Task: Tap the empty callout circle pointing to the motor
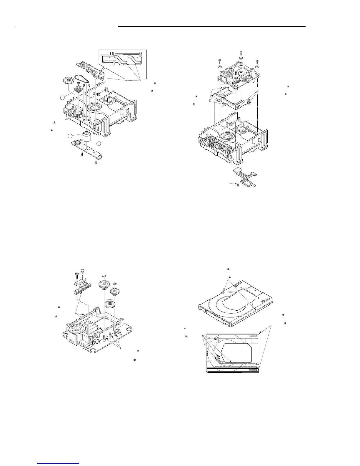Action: point(70,136)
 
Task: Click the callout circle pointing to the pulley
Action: point(63,97)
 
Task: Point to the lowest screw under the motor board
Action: point(96,163)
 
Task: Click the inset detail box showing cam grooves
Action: point(122,62)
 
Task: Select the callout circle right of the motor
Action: point(99,144)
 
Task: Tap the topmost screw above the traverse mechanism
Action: point(241,53)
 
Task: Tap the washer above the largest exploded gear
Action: point(104,276)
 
